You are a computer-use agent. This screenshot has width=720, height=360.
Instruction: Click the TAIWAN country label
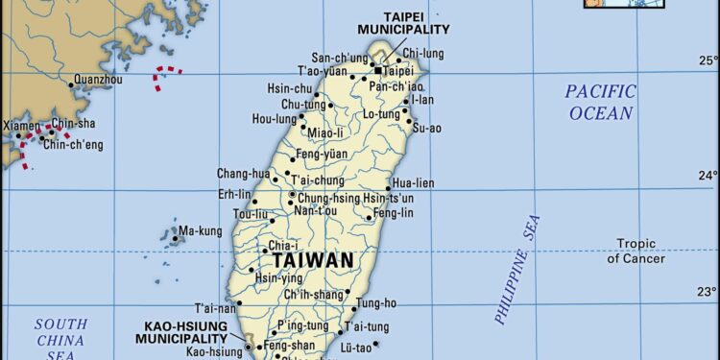312,260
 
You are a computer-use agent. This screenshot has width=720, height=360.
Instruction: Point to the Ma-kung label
201,231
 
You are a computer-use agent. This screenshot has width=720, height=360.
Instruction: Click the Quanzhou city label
99,81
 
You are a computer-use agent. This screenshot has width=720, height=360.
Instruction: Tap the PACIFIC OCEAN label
600,103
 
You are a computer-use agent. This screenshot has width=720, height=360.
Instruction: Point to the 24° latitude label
707,176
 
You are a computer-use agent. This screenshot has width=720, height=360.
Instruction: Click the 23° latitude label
707,292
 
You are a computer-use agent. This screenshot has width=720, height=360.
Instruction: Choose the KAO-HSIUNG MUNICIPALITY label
180,332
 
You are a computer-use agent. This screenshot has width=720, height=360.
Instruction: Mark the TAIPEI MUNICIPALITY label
403,23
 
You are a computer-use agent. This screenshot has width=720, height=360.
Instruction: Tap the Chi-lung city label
422,53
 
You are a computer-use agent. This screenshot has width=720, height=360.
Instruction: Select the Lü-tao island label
356,347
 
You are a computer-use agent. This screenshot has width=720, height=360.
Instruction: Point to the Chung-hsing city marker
292,195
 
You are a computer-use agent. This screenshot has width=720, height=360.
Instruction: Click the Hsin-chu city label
290,87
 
